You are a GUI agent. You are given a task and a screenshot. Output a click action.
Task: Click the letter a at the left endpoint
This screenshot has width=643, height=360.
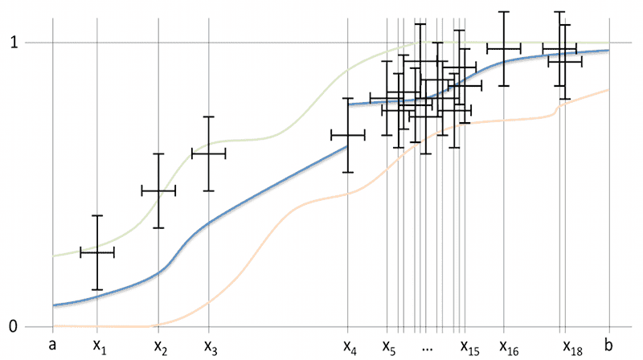[53, 345]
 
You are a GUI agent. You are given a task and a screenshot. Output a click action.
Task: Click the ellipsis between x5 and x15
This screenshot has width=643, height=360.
[427, 348]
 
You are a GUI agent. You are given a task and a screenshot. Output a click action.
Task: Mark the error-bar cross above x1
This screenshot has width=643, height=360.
[97, 252]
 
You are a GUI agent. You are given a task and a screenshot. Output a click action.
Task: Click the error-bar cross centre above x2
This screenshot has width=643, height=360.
[158, 190]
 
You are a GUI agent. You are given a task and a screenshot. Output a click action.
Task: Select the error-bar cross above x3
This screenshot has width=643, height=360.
[209, 153]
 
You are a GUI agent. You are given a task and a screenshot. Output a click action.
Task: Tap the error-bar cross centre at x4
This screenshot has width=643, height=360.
[348, 136]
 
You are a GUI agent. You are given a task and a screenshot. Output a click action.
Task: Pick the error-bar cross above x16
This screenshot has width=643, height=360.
[504, 49]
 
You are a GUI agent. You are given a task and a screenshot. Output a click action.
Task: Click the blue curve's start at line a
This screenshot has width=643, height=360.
[54, 305]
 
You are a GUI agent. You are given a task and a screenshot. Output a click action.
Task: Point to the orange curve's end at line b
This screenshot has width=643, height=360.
[608, 89]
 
